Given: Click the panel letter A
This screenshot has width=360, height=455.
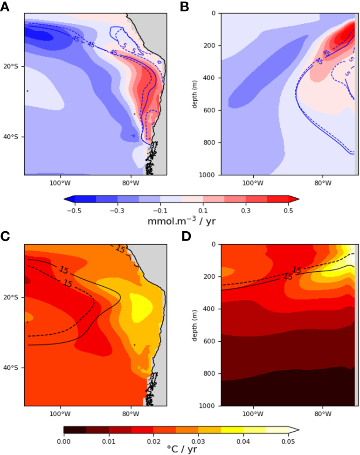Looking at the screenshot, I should pos(6,7).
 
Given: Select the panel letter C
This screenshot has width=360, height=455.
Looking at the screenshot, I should pos(6,237).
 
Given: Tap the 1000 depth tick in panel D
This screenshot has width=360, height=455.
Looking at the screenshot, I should pos(208,406).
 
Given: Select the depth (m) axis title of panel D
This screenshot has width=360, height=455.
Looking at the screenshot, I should pos(192,325).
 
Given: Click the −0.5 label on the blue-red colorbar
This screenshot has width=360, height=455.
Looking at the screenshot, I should pos(71,211).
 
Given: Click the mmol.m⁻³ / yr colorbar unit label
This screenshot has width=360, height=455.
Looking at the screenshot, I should pos(181,221).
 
